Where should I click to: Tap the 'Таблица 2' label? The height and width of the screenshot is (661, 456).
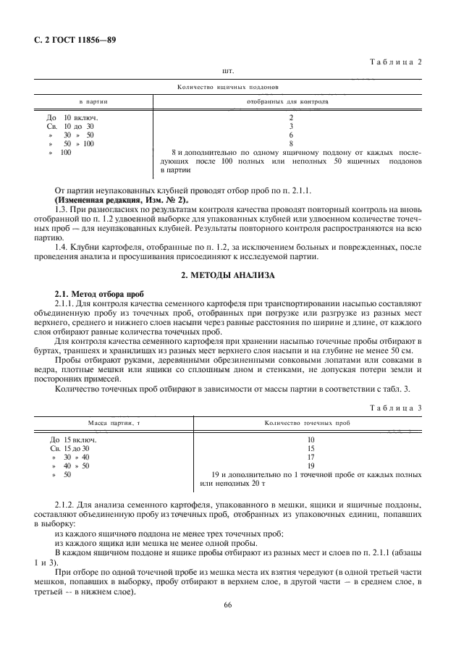tap(396, 62)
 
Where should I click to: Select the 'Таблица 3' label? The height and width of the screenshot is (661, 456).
tap(396, 408)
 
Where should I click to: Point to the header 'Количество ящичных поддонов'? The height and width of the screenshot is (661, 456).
tap(228, 87)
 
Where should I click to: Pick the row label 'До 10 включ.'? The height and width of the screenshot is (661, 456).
tap(72, 117)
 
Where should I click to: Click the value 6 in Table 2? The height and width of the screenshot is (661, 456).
tap(291, 135)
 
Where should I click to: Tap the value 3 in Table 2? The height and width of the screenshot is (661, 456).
tap(291, 126)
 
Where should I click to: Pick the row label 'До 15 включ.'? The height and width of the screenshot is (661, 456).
tap(73, 439)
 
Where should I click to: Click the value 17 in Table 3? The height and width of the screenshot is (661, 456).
tap(311, 457)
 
